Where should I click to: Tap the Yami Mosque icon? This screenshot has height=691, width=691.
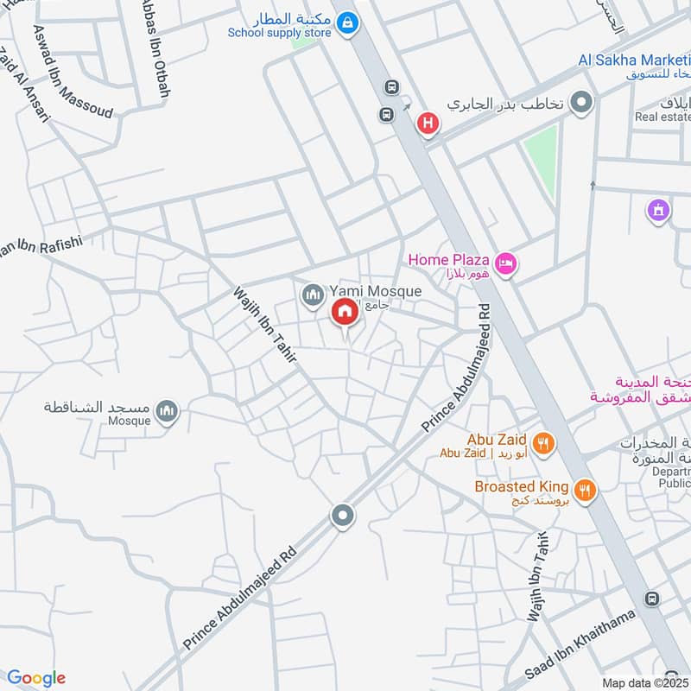pyautogui.click(x=312, y=296)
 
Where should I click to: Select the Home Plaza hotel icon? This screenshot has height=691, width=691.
pyautogui.click(x=506, y=263)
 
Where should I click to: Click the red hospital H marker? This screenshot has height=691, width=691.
pyautogui.click(x=428, y=124)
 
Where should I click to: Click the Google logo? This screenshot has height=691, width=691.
pyautogui.click(x=36, y=678)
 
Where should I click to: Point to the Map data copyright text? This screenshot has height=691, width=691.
pyautogui.click(x=645, y=682)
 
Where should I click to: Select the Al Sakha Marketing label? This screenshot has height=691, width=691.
pyautogui.click(x=633, y=60)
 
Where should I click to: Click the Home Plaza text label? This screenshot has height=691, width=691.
pyautogui.click(x=449, y=259)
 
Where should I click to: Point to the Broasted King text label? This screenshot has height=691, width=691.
pyautogui.click(x=522, y=486)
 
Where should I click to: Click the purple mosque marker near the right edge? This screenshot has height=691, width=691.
pyautogui.click(x=658, y=209)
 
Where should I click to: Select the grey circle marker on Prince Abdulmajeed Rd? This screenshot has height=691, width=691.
pyautogui.click(x=342, y=517)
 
